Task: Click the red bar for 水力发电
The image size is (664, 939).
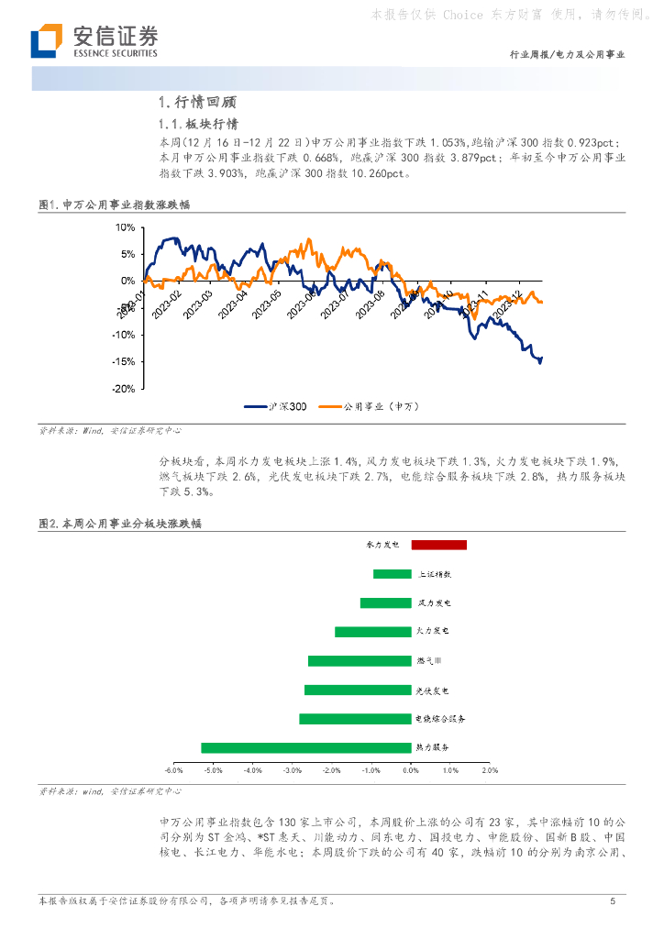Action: pyautogui.click(x=438, y=545)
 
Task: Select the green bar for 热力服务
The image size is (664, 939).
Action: pyautogui.click(x=306, y=747)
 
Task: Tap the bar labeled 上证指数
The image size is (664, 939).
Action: pyautogui.click(x=392, y=574)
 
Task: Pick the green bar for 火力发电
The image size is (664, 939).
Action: pyautogui.click(x=372, y=632)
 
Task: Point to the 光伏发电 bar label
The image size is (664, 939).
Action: pyautogui.click(x=433, y=690)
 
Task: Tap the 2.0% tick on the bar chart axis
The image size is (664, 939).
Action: pyautogui.click(x=490, y=770)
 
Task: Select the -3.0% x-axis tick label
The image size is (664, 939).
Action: pyautogui.click(x=293, y=770)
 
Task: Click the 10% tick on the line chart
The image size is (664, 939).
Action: pyautogui.click(x=124, y=226)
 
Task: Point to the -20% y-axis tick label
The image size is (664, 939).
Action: pyautogui.click(x=122, y=389)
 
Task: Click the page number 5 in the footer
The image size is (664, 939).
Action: pyautogui.click(x=612, y=901)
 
